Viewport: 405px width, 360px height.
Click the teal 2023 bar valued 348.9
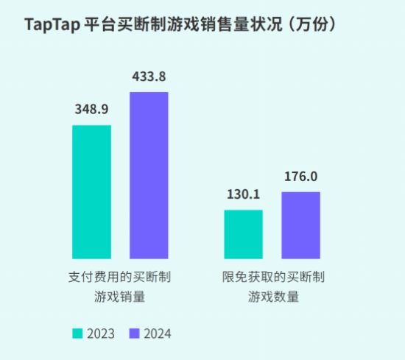click(91, 192)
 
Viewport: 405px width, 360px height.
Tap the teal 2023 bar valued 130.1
click(243, 234)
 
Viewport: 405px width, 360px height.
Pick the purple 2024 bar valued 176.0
click(300, 225)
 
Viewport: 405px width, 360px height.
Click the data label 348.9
click(91, 110)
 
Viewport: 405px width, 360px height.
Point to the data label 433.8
click(149, 76)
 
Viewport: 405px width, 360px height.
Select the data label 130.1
click(243, 194)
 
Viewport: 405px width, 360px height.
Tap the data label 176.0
click(300, 177)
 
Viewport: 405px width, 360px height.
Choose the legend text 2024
click(157, 333)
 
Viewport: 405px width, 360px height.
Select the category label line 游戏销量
click(120, 297)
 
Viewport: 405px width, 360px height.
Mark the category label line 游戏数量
click(273, 297)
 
